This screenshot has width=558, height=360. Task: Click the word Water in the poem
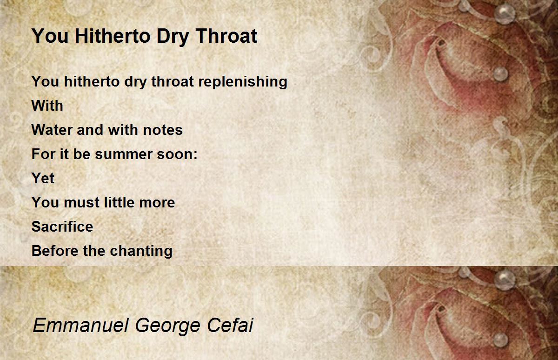pyautogui.click(x=52, y=130)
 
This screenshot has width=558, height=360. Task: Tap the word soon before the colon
pyautogui.click(x=174, y=155)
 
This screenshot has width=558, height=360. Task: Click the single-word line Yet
pyautogui.click(x=43, y=178)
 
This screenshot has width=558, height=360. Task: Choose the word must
pyautogui.click(x=81, y=203)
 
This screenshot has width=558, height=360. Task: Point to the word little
pyautogui.click(x=120, y=202)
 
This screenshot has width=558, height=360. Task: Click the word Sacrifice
pyautogui.click(x=62, y=227)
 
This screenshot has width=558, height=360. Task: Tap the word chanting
pyautogui.click(x=141, y=251)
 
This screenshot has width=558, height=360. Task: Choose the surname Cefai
pyautogui.click(x=230, y=325)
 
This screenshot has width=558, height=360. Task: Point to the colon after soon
pyautogui.click(x=195, y=155)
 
